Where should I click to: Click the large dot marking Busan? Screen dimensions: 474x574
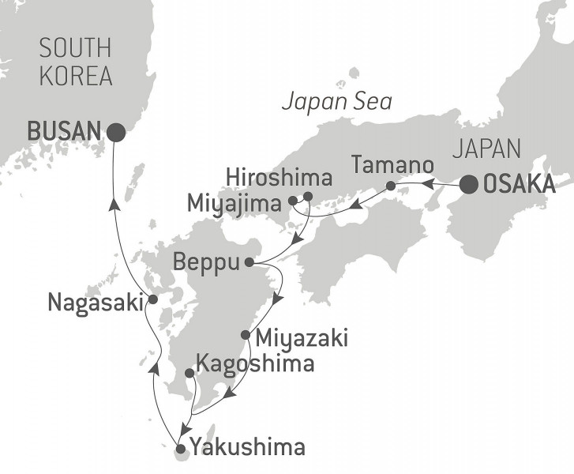coord(116,133)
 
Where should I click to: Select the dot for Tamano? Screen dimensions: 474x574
coord(391,186)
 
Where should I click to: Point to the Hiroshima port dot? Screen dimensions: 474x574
coord(308,197)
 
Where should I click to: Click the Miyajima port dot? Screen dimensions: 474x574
coord(293,201)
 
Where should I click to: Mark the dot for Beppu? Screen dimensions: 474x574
coord(249,262)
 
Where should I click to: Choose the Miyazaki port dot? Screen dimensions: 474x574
coord(246,334)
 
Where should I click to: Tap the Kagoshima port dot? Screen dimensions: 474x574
coord(189,373)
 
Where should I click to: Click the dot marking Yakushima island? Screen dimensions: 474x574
coord(180,449)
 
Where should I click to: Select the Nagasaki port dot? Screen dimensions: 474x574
coord(153,300)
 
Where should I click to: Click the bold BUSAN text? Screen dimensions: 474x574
coord(65,131)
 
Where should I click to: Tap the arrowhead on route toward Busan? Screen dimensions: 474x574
coord(115,205)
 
